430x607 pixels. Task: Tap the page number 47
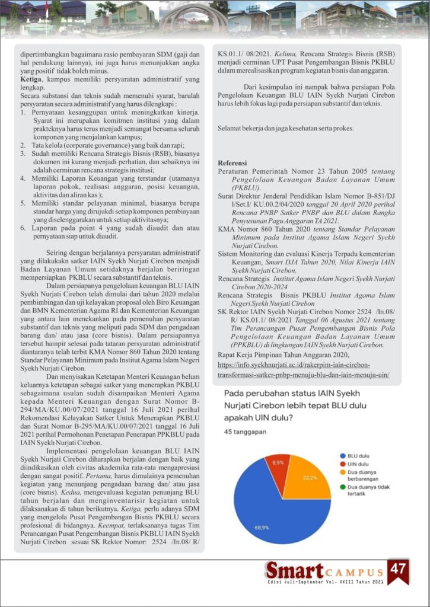point(399,570)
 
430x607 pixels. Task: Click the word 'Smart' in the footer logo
point(293,571)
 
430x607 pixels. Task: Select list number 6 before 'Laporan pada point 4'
point(23,226)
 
